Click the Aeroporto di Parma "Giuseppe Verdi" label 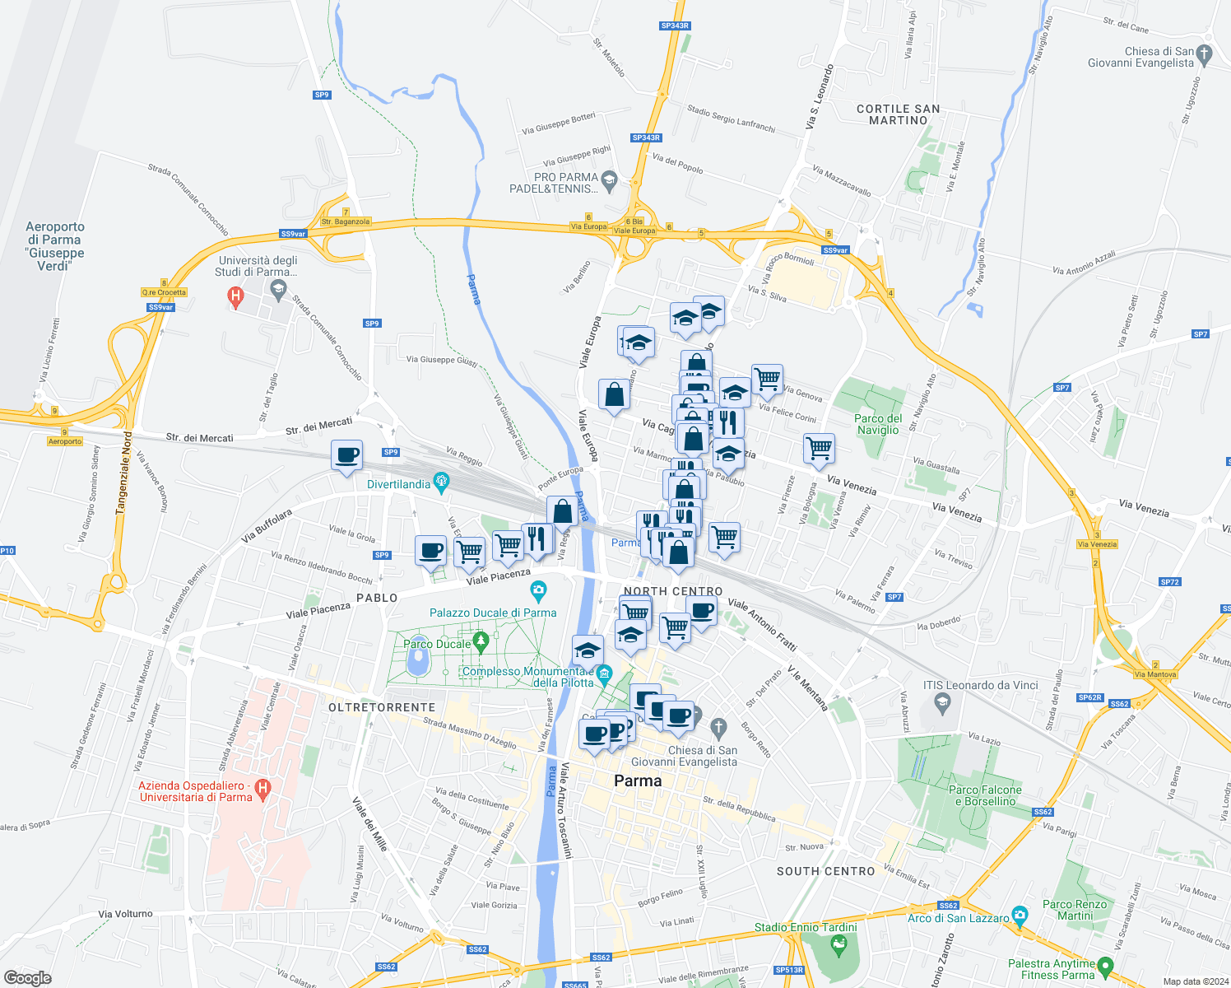pyautogui.click(x=55, y=246)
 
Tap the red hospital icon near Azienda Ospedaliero pyautogui.click(x=263, y=790)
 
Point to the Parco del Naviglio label pyautogui.click(x=878, y=424)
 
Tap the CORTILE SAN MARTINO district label pyautogui.click(x=898, y=114)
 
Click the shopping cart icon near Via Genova pyautogui.click(x=767, y=379)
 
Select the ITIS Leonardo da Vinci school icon pyautogui.click(x=943, y=702)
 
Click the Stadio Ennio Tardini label pyautogui.click(x=806, y=927)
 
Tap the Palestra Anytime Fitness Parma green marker pyautogui.click(x=1105, y=967)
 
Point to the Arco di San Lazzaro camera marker pyautogui.click(x=1020, y=915)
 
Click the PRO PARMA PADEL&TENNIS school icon pyautogui.click(x=609, y=179)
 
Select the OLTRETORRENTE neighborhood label pyautogui.click(x=382, y=707)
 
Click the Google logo pyautogui.click(x=28, y=978)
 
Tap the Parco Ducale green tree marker pyautogui.click(x=482, y=640)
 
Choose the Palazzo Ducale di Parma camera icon pyautogui.click(x=538, y=590)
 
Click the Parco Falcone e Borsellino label pyautogui.click(x=985, y=795)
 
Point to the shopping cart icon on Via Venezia pyautogui.click(x=819, y=449)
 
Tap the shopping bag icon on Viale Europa pyautogui.click(x=614, y=394)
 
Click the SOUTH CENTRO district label pyautogui.click(x=825, y=871)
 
